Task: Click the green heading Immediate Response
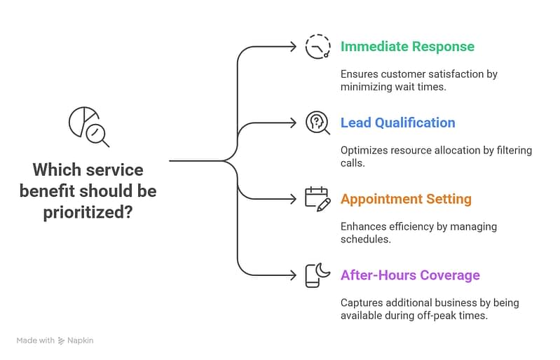[407, 47]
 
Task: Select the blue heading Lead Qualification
[397, 123]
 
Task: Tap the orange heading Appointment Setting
[406, 199]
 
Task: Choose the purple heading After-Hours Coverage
[410, 275]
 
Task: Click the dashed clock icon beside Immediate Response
[317, 46]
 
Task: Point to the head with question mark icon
[317, 123]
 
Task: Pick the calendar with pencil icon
[317, 199]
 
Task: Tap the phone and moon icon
[317, 275]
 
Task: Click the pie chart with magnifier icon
[88, 127]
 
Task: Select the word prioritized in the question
[88, 211]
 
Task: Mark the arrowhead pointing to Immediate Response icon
[293, 47]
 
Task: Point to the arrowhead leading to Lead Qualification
[293, 123]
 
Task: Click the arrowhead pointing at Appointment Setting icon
[293, 199]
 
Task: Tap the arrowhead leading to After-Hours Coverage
[293, 275]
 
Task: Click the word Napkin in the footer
[81, 340]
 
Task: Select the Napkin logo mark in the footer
[62, 340]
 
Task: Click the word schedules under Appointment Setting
[364, 239]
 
